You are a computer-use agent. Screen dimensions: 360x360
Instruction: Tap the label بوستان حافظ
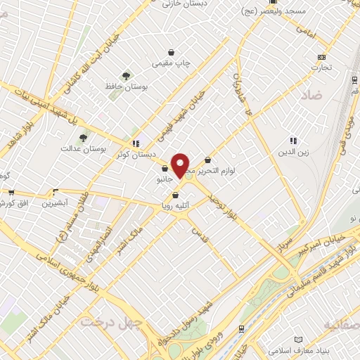click(127, 86)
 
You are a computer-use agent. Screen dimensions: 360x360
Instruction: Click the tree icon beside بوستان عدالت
click(84, 138)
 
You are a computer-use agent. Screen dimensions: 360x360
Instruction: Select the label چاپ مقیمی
click(172, 63)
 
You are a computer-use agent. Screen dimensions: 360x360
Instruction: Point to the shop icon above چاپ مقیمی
click(172, 52)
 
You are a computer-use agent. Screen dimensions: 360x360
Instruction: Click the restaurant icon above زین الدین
click(292, 141)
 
